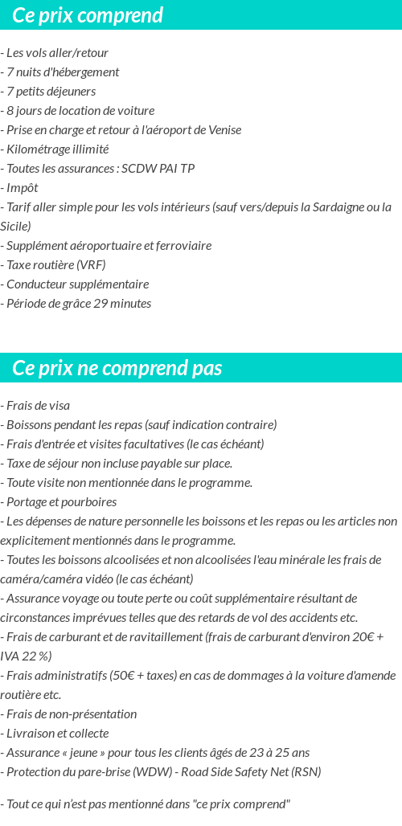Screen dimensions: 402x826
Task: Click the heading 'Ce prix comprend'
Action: [88, 15]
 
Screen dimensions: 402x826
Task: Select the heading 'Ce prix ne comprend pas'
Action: [117, 368]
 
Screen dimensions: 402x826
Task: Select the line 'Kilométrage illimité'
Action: [57, 149]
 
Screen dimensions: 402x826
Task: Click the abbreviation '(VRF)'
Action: [91, 265]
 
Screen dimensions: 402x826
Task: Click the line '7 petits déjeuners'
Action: [51, 92]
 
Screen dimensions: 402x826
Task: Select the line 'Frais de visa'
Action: [38, 406]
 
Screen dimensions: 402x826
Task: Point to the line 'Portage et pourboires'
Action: [61, 502]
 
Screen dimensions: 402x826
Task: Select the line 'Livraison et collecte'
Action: [57, 734]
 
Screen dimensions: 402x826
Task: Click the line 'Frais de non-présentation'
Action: [72, 714]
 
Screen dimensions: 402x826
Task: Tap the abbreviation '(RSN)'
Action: [305, 772]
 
